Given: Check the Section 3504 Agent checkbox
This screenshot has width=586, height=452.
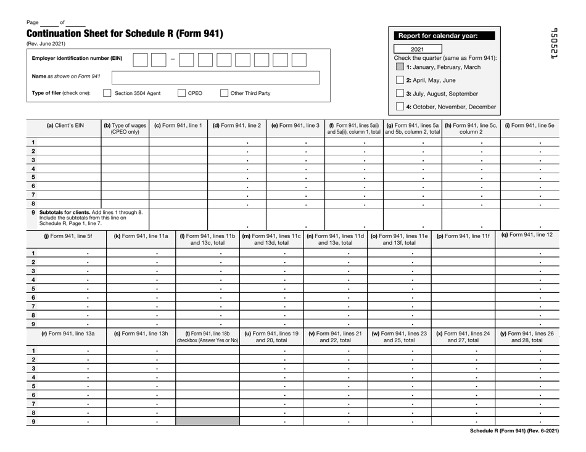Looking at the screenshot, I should coord(107,94).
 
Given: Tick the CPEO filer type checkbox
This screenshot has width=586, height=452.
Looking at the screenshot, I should coord(182,94).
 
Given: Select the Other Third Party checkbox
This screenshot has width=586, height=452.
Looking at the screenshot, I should coord(225,94).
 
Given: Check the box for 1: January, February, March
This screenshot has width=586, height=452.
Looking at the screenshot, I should coord(400,67).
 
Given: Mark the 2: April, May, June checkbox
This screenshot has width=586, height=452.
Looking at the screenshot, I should coord(400,80).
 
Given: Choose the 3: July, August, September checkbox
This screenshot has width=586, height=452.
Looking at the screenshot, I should coord(400,94).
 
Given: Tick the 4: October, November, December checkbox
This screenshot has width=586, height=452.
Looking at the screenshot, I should coord(400,107).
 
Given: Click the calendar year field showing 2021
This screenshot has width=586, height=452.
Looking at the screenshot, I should coord(418,49).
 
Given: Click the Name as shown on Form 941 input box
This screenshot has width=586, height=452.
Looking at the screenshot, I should coord(216,77).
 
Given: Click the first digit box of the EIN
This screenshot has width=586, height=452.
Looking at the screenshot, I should coord(140,59).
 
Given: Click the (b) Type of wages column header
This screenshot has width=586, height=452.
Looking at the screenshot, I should coord(125,129).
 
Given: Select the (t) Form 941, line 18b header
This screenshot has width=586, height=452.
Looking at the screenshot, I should coord(207,337).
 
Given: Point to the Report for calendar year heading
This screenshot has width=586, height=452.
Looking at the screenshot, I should coord(440,36).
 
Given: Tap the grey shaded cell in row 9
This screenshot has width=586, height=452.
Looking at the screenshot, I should coord(207,422).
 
